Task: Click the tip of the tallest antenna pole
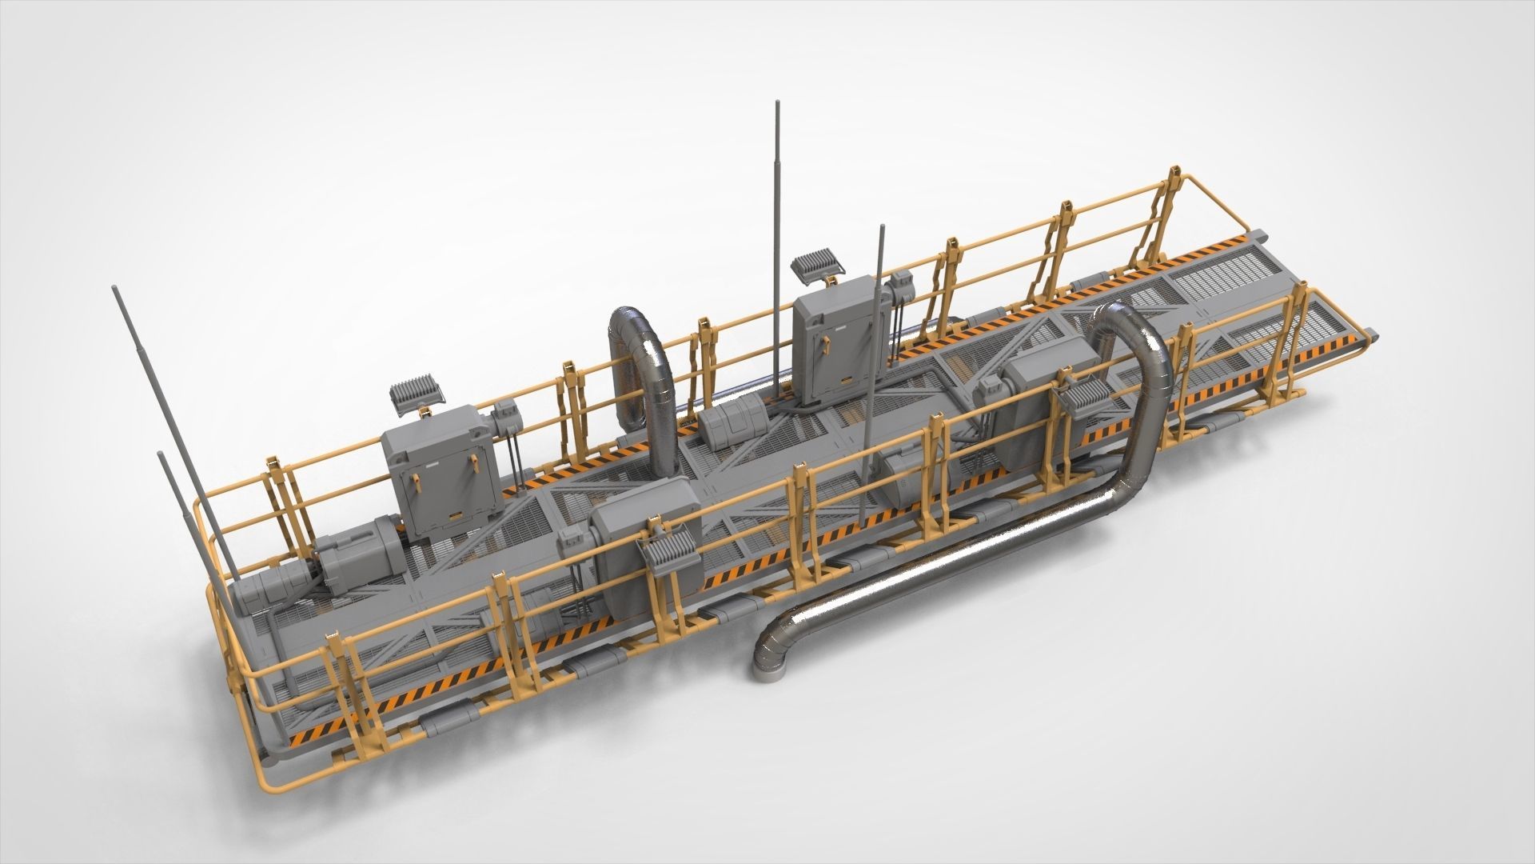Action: pos(776,104)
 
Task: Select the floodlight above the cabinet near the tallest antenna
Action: pos(816,263)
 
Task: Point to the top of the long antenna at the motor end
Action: pos(118,287)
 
